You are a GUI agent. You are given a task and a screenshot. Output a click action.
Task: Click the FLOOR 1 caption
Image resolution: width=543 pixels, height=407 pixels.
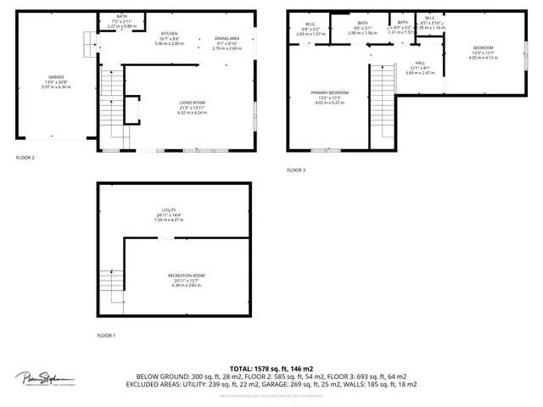(x=106, y=337)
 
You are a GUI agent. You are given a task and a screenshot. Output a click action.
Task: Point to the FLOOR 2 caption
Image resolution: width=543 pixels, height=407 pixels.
(x=25, y=158)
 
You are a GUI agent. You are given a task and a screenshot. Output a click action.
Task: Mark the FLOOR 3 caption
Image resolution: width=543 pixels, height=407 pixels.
(x=295, y=170)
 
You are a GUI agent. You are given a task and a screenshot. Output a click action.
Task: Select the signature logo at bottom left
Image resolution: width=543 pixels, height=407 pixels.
(x=45, y=379)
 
